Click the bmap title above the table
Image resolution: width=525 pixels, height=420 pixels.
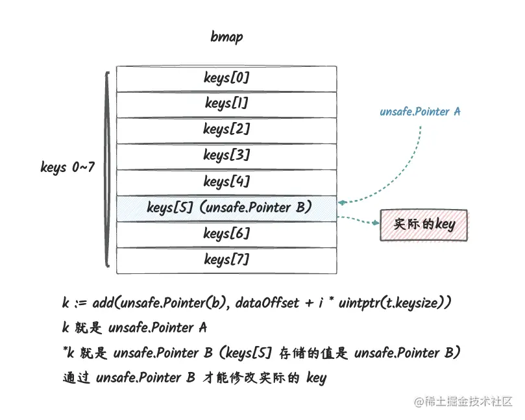coord(226,36)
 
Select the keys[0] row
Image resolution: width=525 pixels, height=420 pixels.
coord(226,79)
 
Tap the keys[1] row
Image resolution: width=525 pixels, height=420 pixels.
coord(226,104)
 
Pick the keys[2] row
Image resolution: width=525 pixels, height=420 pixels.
coord(226,130)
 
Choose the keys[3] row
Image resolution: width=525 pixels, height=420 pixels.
coord(226,156)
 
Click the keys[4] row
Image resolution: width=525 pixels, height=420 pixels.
coord(226,182)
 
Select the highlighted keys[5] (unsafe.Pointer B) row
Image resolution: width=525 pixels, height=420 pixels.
coord(226,208)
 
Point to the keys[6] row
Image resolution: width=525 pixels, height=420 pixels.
coord(226,234)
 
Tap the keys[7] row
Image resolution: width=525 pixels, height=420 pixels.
coord(226,260)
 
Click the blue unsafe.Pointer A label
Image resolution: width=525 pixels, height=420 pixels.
coord(420,112)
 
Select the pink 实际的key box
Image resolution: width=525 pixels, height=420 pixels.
coord(423,225)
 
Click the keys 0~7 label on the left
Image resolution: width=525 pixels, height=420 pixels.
coord(67,167)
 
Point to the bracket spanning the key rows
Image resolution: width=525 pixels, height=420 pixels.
coord(106,169)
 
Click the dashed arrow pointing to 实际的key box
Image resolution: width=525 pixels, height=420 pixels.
coord(358,221)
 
